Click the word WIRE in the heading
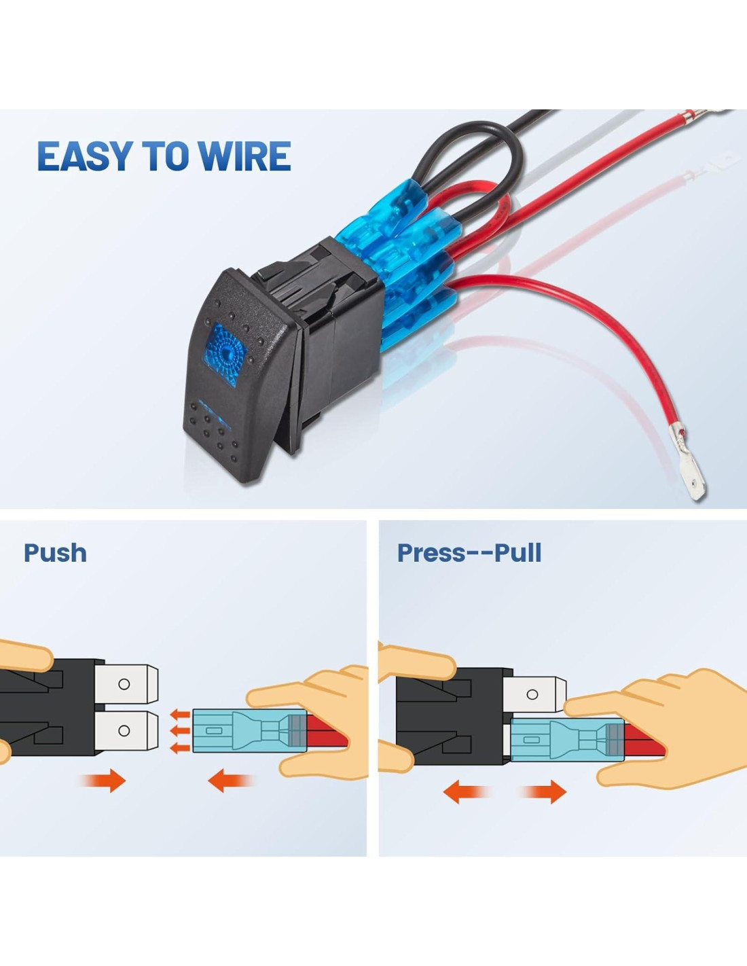pos(246,156)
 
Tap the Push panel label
pos(55,553)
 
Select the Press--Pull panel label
pos(469,553)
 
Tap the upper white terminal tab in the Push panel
pos(126,683)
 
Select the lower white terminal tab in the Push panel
pos(126,731)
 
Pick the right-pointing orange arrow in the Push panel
pos(105,781)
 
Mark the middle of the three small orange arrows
pos(179,731)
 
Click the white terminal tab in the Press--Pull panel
pos(536,694)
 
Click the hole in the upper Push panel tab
pos(124,684)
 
